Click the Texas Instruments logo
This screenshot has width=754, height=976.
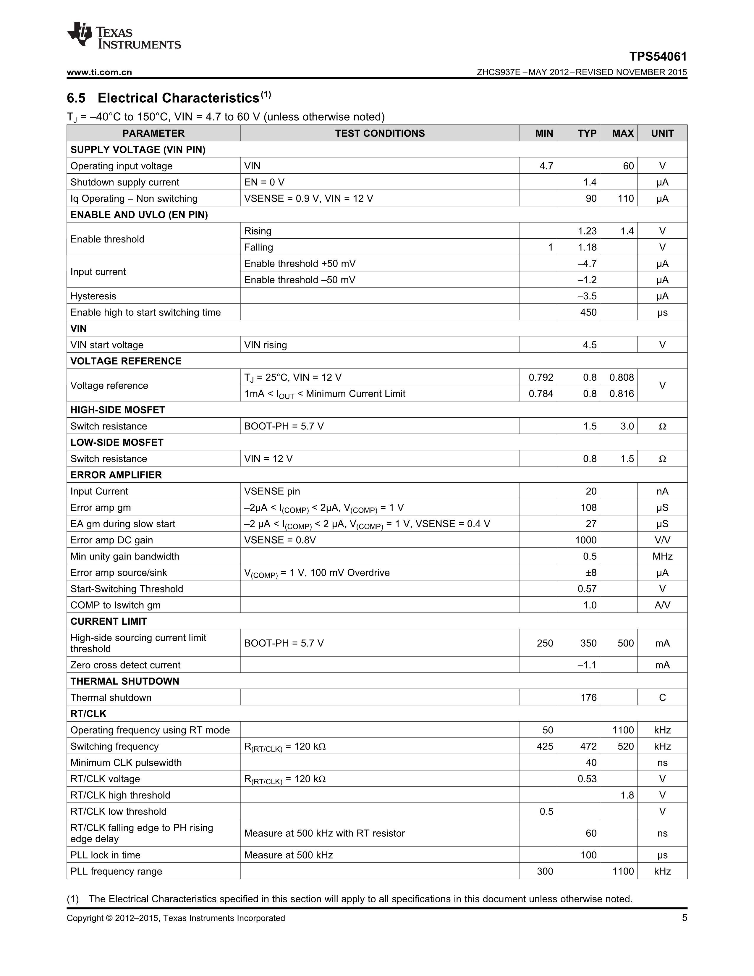(124, 36)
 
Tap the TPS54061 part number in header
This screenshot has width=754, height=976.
(658, 57)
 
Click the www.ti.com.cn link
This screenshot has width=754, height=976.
(99, 72)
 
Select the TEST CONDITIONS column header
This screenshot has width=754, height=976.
(380, 133)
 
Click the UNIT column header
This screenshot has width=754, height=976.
(662, 133)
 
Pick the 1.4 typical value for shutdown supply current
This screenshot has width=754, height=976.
(590, 182)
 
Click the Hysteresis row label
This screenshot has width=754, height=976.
(93, 296)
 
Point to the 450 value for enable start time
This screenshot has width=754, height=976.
(588, 312)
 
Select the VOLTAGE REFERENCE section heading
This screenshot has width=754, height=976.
(126, 361)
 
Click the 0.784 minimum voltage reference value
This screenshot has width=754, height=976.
(541, 394)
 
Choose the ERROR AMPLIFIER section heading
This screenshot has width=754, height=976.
(116, 475)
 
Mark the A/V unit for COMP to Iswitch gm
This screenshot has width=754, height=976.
(662, 605)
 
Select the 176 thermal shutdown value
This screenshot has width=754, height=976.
(588, 698)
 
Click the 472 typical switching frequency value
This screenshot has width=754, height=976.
(588, 746)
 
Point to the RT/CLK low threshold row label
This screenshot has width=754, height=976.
(118, 812)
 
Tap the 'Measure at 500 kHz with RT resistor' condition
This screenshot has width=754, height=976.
(324, 833)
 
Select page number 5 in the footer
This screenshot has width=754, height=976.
(684, 918)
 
